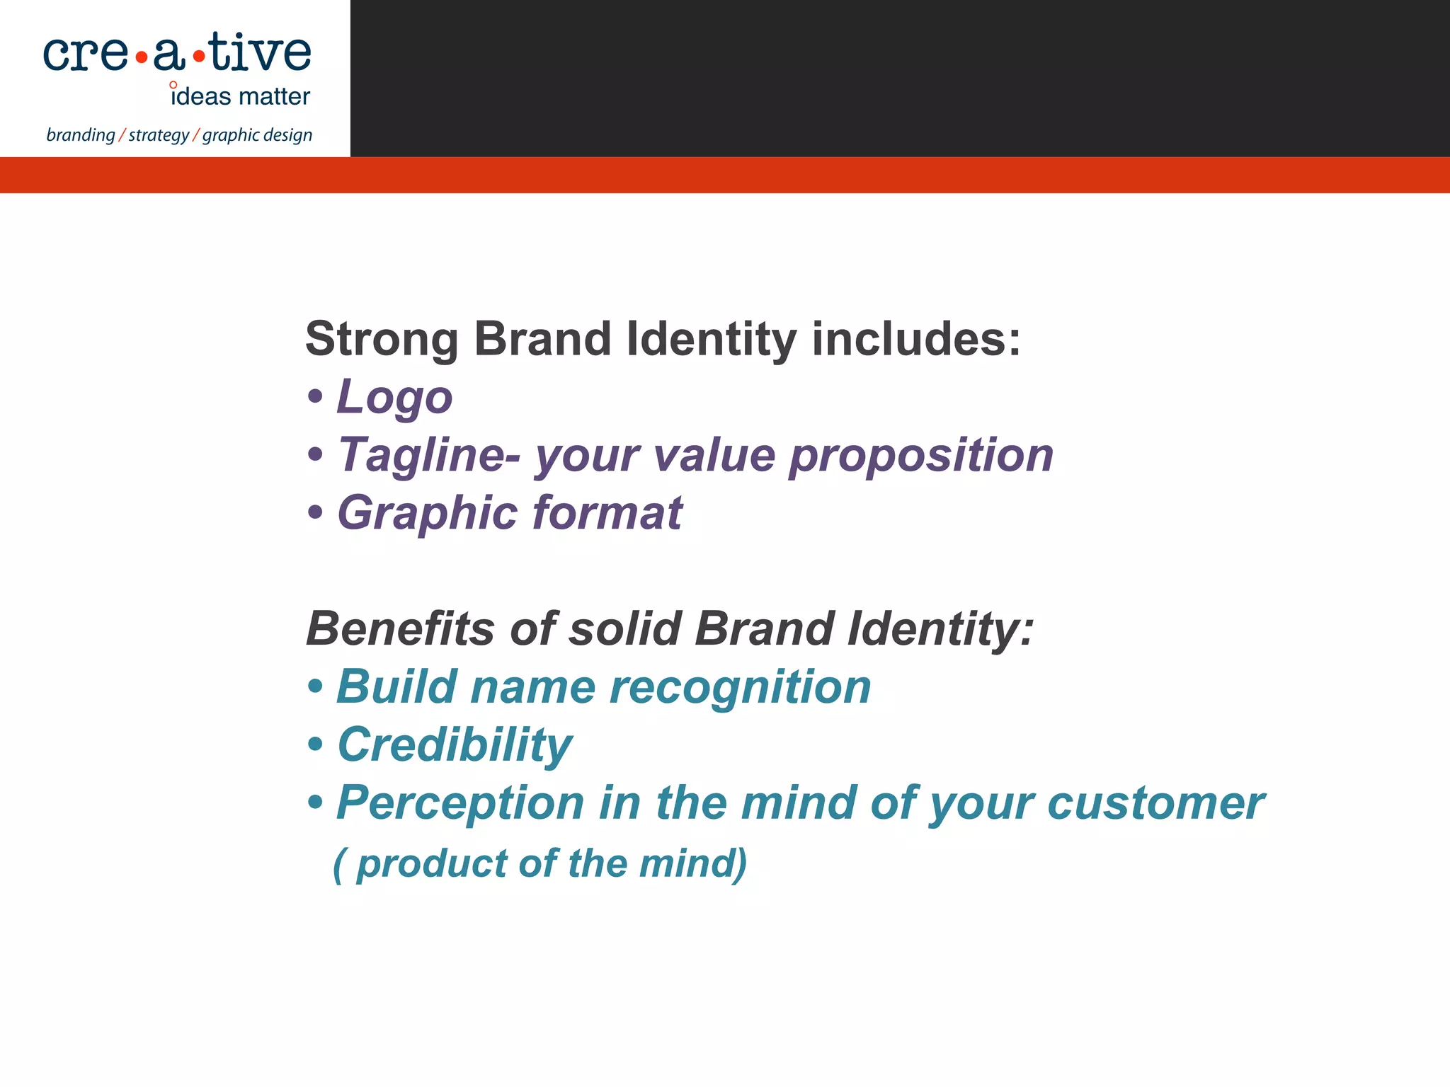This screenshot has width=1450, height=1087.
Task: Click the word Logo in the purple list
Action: [x=394, y=397]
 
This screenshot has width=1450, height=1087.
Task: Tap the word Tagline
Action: [x=429, y=455]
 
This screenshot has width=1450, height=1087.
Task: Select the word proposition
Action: [x=921, y=455]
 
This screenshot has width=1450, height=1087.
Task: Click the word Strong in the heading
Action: [x=382, y=340]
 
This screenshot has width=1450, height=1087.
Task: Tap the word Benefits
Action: [x=400, y=629]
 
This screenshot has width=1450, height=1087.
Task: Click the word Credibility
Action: [x=455, y=745]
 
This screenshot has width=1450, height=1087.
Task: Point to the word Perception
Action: [x=460, y=804]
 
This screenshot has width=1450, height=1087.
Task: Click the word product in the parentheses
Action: [x=432, y=864]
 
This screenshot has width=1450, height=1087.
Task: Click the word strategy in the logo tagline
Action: [x=159, y=135]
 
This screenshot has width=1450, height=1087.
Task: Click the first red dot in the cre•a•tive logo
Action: [x=142, y=57]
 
